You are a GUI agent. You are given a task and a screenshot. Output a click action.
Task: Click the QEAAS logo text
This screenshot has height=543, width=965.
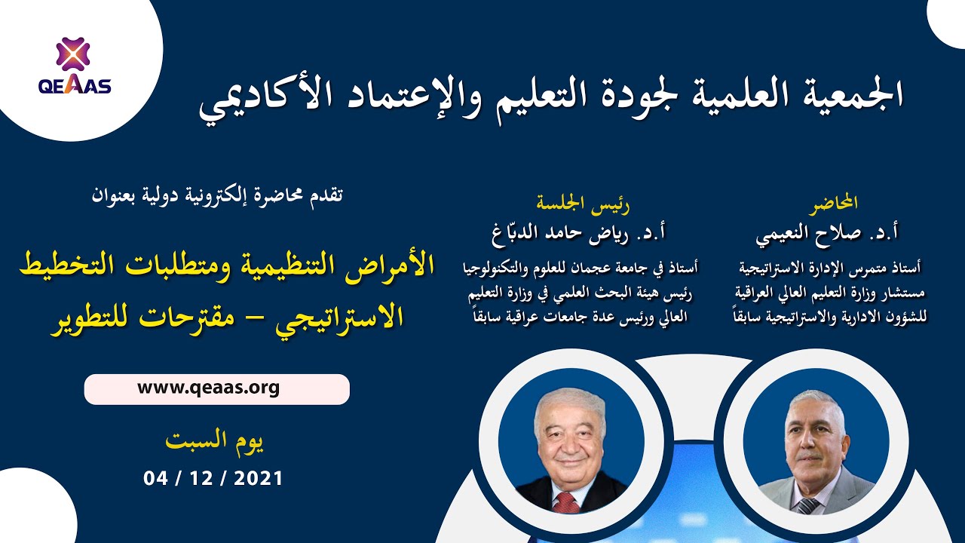click(75, 85)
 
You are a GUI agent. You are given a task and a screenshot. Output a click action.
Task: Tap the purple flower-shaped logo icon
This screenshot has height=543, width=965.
click(73, 54)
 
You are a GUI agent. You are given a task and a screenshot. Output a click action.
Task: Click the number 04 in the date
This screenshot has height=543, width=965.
click(155, 478)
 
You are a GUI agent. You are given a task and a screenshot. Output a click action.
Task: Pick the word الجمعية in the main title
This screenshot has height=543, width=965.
click(848, 94)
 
